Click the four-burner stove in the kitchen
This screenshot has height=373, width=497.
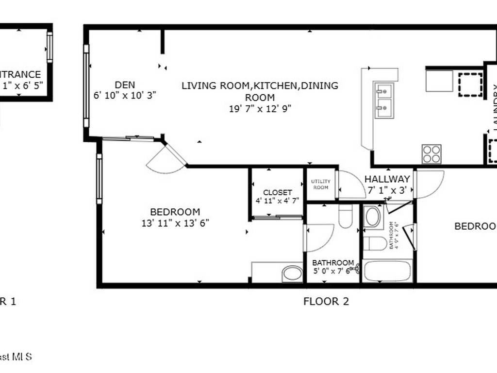pos(431,154)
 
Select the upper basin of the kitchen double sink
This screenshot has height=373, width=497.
pos(384,90)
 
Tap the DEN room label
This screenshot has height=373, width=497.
pos(125,85)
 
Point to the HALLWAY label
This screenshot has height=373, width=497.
pos(387,179)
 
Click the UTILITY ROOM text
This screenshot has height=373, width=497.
pos(321,184)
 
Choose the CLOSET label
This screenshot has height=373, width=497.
pos(277,192)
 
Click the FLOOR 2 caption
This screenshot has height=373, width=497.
pos(326,301)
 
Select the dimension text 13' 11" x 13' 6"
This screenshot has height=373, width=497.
pos(175,223)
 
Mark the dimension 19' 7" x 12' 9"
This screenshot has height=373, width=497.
pos(260,109)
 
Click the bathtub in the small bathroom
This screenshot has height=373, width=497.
pos(388,271)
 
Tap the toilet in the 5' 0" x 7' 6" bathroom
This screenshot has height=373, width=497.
pos(346,216)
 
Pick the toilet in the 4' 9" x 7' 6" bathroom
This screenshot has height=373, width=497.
pos(375,243)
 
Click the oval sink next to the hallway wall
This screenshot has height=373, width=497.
pos(372,217)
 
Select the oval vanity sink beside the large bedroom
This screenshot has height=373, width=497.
pos(292,273)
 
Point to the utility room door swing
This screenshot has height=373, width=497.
pos(351,186)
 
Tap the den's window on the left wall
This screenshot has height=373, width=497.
pos(86,86)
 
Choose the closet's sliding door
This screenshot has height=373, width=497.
pos(277,218)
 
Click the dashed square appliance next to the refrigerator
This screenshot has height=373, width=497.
pos(470,84)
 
